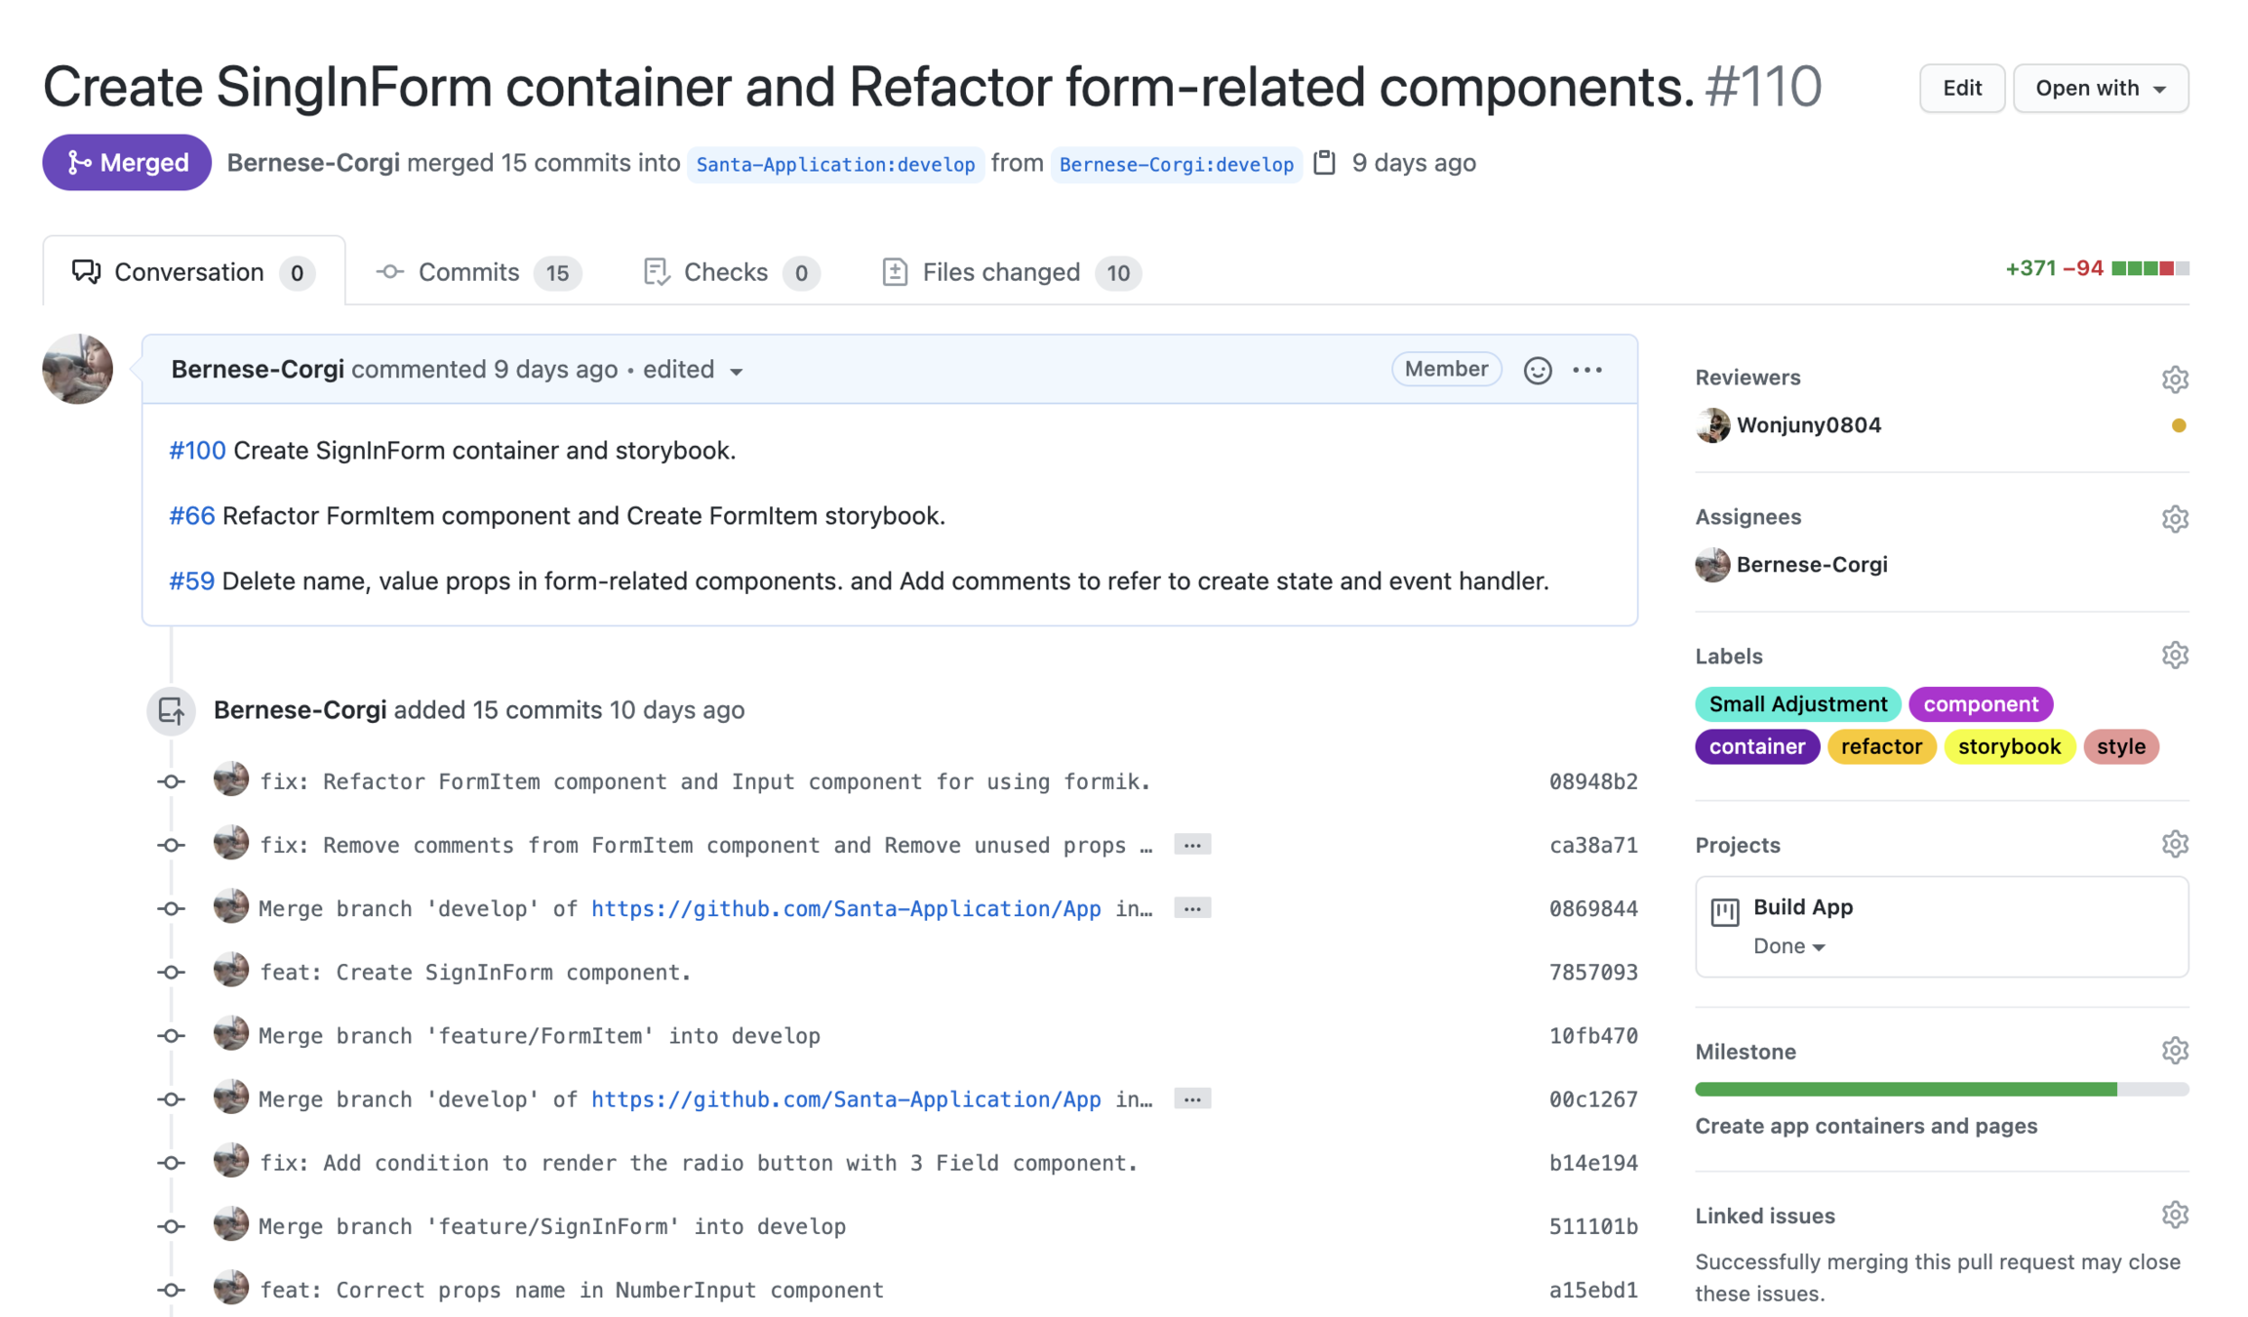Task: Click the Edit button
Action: (x=1961, y=89)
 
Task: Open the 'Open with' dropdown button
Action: (x=2100, y=89)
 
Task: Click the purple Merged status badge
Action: (x=127, y=162)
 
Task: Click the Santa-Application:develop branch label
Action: (x=835, y=164)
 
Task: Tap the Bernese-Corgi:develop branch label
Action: (x=1176, y=164)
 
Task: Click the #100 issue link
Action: (x=197, y=451)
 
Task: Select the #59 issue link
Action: (x=191, y=581)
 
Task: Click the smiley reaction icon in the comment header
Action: (x=1537, y=370)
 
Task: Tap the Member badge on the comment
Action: (x=1445, y=369)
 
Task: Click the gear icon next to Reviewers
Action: (x=2174, y=379)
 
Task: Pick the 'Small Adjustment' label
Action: (x=1797, y=704)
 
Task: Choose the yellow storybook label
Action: (x=2009, y=746)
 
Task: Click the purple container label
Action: (x=1756, y=746)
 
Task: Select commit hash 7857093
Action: (x=1592, y=973)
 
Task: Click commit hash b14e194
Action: (x=1592, y=1163)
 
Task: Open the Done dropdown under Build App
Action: (x=1788, y=946)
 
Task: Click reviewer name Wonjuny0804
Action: (x=1808, y=425)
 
